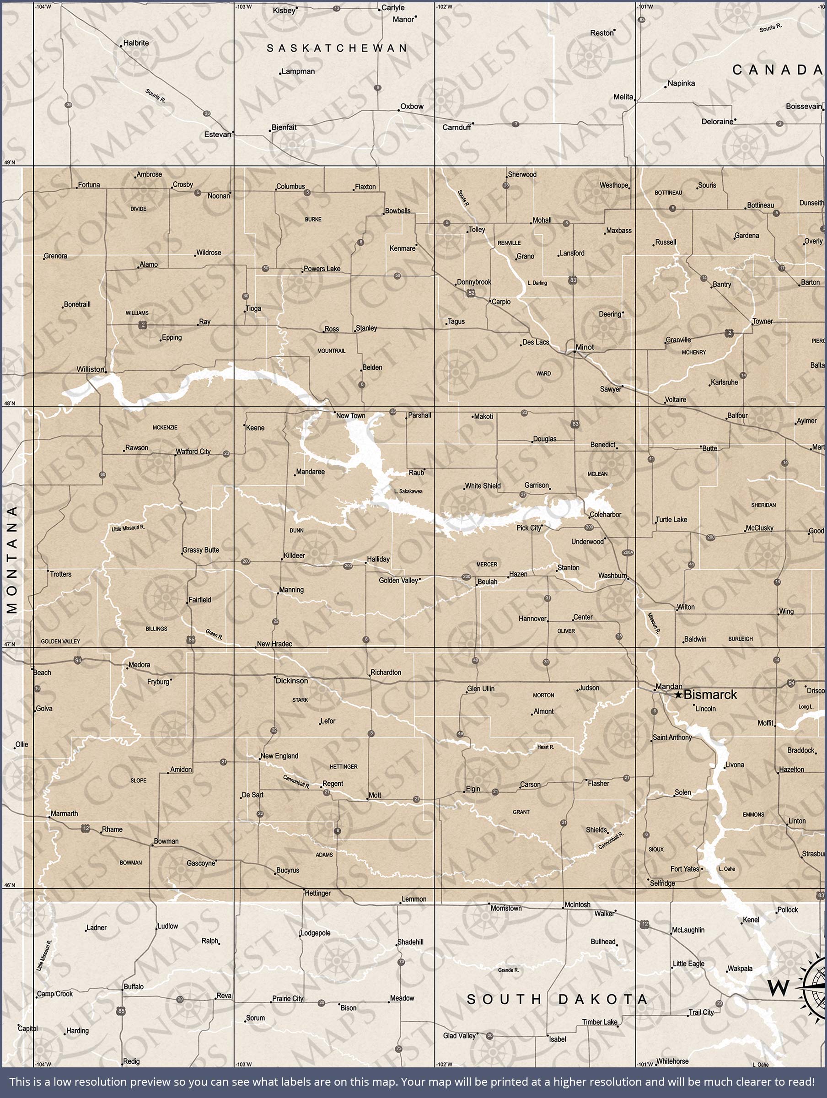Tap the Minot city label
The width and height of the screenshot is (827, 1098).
(584, 347)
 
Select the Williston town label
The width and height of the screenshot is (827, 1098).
(91, 369)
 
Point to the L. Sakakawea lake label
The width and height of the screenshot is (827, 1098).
(408, 491)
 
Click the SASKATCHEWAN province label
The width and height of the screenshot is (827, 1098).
(337, 48)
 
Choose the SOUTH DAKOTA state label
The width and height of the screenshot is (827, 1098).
(557, 999)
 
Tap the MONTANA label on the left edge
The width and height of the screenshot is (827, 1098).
(12, 560)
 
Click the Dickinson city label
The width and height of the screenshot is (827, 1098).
(292, 681)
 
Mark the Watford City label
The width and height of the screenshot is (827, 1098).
(193, 451)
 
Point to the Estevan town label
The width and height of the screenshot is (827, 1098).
(217, 134)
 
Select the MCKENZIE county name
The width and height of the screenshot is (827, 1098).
(165, 427)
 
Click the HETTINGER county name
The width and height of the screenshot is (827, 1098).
(344, 766)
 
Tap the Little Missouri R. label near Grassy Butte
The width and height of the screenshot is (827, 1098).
(128, 528)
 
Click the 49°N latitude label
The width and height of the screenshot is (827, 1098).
(10, 162)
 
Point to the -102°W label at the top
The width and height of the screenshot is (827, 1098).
(444, 6)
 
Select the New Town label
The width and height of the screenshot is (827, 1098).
(350, 416)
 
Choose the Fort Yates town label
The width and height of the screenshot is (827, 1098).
(685, 869)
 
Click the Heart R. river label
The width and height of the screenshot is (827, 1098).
(546, 747)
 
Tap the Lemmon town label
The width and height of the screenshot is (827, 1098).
(414, 899)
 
